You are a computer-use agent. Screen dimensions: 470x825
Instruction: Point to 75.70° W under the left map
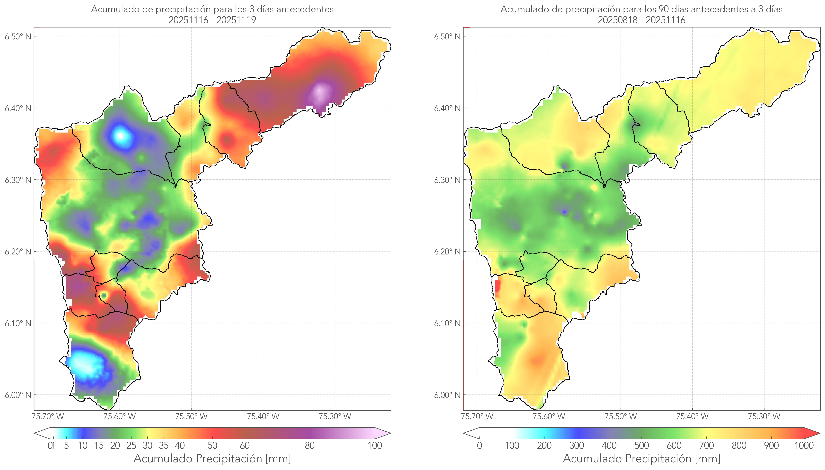(48, 416)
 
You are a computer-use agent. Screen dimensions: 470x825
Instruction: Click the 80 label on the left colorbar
(309, 445)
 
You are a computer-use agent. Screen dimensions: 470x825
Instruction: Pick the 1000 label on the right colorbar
(804, 445)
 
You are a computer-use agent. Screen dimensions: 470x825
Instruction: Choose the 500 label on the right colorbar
(641, 445)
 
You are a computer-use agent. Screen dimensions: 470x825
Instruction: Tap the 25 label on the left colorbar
(131, 445)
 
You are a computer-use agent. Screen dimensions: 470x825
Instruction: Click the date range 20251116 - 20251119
(212, 20)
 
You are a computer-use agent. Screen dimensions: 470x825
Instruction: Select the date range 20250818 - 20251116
(641, 20)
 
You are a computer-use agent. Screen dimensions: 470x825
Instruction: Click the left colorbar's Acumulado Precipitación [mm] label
(212, 458)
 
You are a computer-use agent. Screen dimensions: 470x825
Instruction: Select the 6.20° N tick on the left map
(18, 252)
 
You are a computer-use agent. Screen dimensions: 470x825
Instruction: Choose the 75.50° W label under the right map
(621, 416)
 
